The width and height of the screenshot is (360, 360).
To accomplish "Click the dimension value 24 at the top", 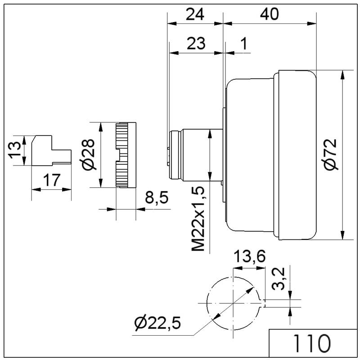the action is point(195,14).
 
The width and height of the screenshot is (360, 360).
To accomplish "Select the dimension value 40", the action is point(269,14).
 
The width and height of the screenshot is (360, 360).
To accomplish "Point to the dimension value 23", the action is point(196,43).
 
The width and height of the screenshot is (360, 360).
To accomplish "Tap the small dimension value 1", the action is point(244,43).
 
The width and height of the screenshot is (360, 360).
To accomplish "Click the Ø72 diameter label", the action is point(330,154).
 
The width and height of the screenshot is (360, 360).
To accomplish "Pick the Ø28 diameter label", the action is point(88,154).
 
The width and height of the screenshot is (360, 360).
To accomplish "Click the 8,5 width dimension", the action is point(157,197).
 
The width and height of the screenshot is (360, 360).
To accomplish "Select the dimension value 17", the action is point(52,180).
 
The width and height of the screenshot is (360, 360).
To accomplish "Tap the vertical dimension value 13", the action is point(15,150).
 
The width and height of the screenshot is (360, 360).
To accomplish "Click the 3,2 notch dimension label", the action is point(278,279).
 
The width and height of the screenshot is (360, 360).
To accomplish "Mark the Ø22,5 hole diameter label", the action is point(157,323).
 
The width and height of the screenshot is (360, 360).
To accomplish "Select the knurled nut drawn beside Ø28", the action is point(126,155).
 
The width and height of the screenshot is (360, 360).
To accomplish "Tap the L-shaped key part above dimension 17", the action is point(51,150).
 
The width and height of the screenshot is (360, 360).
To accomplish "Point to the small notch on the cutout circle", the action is point(263,303).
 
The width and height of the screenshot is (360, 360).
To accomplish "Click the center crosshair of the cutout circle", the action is point(233,303).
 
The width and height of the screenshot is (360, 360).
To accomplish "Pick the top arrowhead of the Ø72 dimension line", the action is point(342,75).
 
